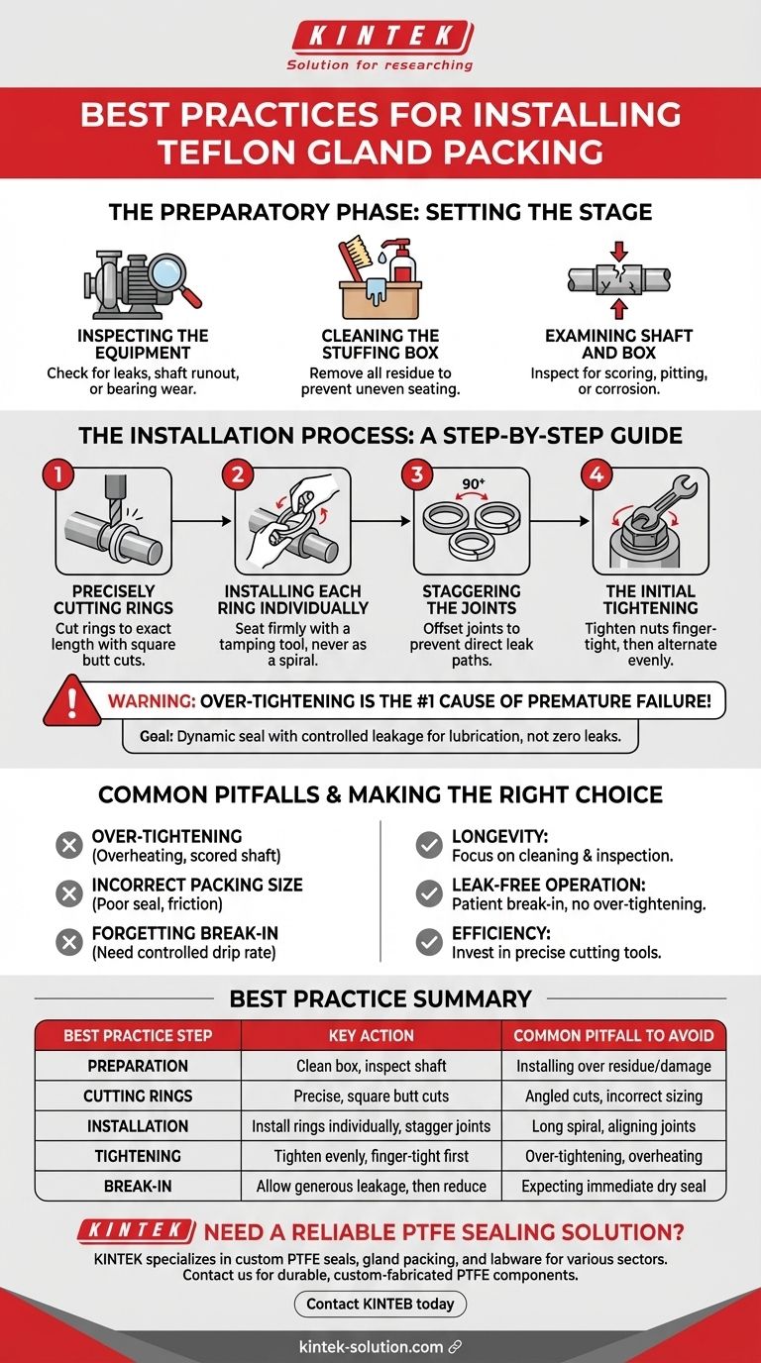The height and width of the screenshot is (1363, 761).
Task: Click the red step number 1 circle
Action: click(59, 474)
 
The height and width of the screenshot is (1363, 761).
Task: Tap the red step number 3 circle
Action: click(416, 474)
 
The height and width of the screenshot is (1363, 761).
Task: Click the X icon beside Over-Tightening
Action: click(69, 845)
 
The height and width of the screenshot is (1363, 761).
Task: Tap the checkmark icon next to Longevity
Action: click(429, 845)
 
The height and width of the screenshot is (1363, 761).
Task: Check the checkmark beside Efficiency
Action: click(429, 942)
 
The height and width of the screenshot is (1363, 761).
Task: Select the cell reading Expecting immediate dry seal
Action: click(613, 1186)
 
